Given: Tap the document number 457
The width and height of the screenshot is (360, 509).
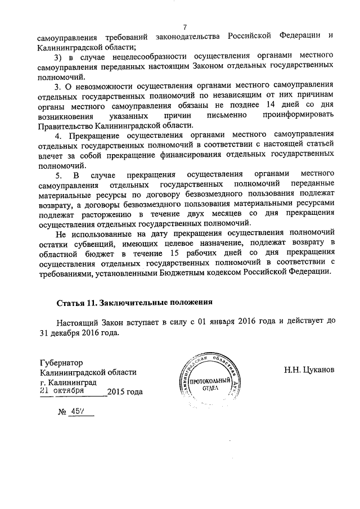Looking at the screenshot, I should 76,412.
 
